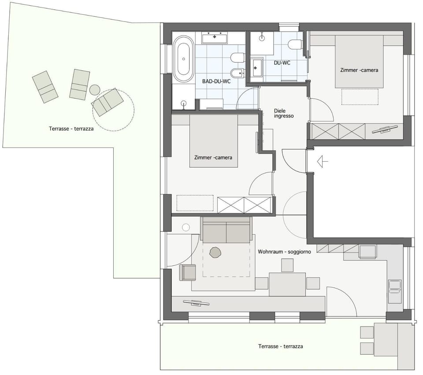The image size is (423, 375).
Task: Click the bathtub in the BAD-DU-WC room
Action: [x=183, y=60]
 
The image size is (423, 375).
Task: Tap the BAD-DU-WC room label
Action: [x=216, y=82]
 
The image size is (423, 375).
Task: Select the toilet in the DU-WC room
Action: [x=295, y=44]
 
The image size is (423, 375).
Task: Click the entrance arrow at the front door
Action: [x=323, y=162]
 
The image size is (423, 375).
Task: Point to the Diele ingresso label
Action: [x=283, y=113]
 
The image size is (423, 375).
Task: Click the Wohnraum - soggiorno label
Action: [x=284, y=252]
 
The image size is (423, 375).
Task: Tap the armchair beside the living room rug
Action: [x=188, y=272]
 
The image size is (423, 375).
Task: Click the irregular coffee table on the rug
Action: [x=215, y=252]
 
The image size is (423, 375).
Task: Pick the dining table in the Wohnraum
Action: [x=287, y=284]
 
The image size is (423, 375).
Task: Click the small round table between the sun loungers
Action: [x=95, y=90]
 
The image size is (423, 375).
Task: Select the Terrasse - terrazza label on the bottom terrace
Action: [x=280, y=346]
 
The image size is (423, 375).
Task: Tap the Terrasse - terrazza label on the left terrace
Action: [x=71, y=129]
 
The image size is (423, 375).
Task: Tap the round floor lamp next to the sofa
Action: [x=186, y=227]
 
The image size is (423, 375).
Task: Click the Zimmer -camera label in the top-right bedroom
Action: [x=359, y=70]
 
